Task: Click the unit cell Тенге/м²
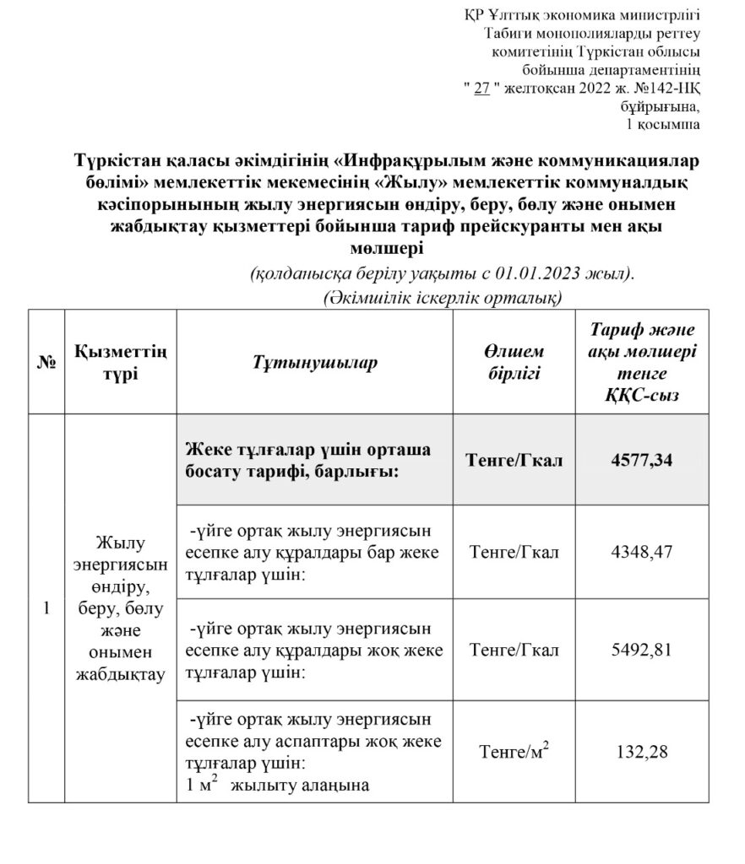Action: click(x=514, y=751)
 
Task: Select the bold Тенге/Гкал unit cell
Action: click(x=514, y=461)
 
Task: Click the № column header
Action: click(x=46, y=362)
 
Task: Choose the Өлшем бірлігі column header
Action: click(x=514, y=362)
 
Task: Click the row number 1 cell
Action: click(x=46, y=607)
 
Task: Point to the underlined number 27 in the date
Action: click(x=482, y=86)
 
